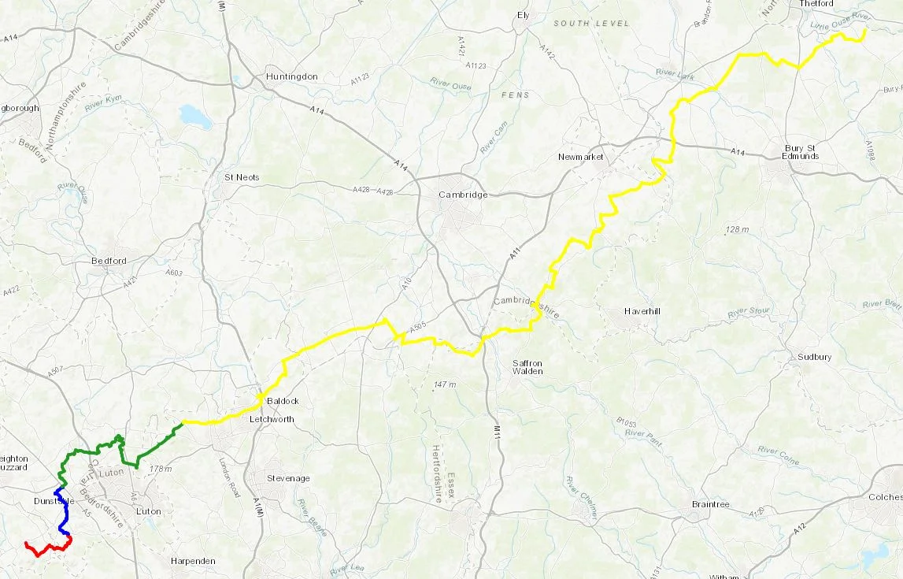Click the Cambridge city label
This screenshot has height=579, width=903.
[464, 195]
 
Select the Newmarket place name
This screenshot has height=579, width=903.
[580, 157]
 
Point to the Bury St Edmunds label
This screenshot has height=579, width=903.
[801, 152]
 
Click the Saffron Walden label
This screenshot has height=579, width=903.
[527, 366]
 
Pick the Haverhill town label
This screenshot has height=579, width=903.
[641, 311]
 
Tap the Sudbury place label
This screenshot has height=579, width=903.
[814, 357]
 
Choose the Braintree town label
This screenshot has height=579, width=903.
[710, 504]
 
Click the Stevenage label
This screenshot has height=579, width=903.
[289, 478]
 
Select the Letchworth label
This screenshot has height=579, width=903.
[271, 419]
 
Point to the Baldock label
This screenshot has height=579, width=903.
[283, 401]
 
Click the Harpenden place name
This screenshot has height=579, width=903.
[193, 561]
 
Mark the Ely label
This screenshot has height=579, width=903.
[524, 15]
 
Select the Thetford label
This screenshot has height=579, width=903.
[818, 4]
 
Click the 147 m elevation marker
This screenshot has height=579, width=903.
[444, 384]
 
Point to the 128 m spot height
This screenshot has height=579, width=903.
[737, 229]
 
